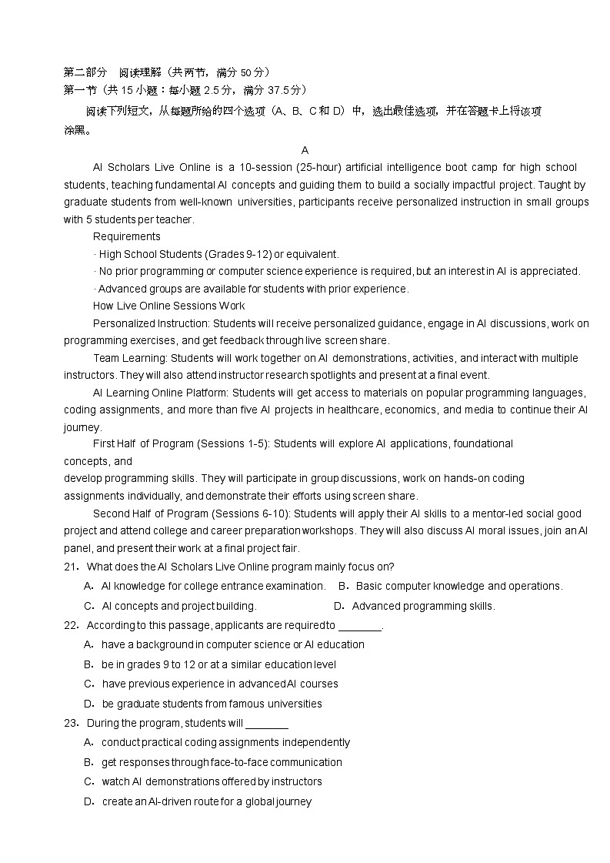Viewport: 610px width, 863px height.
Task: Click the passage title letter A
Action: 305,150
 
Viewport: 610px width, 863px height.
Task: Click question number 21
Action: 71,567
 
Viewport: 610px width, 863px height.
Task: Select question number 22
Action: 71,625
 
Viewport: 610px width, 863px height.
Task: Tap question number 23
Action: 71,723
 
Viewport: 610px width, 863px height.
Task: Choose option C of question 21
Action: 88,606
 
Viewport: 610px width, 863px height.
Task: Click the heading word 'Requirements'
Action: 127,236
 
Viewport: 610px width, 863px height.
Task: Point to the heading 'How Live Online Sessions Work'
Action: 168,306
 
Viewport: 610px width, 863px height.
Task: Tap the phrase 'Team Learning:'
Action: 130,358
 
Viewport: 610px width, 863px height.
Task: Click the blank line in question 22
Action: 359,626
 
